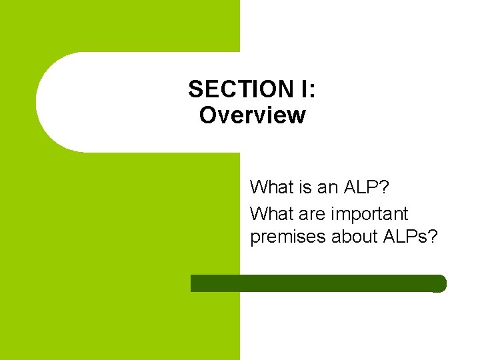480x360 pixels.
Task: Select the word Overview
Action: [x=252, y=115]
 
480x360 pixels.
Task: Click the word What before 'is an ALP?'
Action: [x=272, y=187]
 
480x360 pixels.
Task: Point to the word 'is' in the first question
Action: [x=306, y=187]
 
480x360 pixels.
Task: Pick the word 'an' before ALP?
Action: [x=327, y=187]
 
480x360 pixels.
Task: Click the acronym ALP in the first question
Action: [x=361, y=187]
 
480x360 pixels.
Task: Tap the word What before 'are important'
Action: [x=272, y=214]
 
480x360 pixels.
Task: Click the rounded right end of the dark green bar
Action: [x=440, y=283]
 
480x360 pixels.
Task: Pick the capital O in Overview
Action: [x=208, y=115]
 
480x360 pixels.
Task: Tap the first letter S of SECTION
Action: [x=194, y=89]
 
